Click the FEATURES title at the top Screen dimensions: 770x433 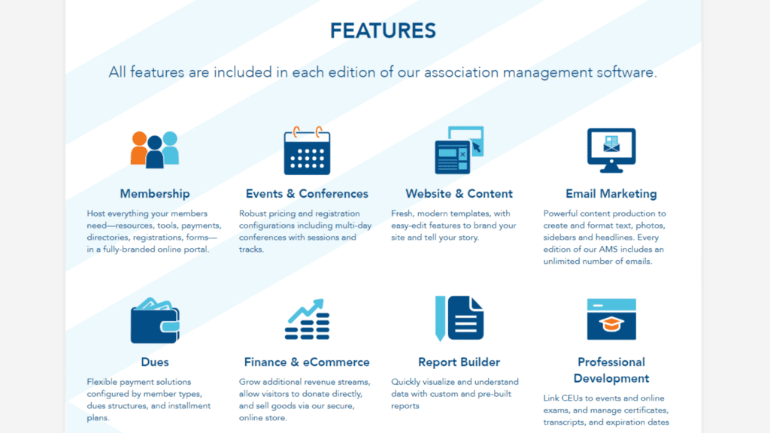(x=383, y=30)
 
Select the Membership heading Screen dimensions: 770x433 (x=155, y=194)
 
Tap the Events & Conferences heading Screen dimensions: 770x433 (x=307, y=194)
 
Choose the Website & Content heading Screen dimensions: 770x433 (x=459, y=194)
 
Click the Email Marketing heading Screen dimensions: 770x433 (x=611, y=194)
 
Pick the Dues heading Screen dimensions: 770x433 (x=155, y=362)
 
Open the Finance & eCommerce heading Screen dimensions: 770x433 (x=307, y=362)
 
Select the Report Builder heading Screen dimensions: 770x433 (x=459, y=362)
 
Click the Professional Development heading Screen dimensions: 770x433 (x=611, y=370)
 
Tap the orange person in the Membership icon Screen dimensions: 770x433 (x=138, y=150)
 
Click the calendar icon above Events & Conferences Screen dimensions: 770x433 (x=307, y=150)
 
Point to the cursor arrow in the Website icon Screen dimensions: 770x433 (x=476, y=147)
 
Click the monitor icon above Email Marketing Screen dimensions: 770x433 (x=611, y=150)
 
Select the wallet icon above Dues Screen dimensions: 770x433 (x=155, y=320)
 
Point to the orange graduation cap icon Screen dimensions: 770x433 (x=611, y=324)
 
